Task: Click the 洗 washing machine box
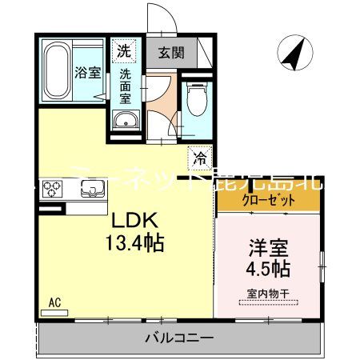(x=123, y=50)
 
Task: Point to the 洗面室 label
(x=126, y=86)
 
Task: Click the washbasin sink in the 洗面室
(x=126, y=120)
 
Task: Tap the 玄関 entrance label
(x=170, y=53)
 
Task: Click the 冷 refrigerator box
(x=200, y=158)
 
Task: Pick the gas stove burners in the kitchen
(x=53, y=190)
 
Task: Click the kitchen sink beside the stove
(x=89, y=190)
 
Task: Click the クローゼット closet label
(x=257, y=199)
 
